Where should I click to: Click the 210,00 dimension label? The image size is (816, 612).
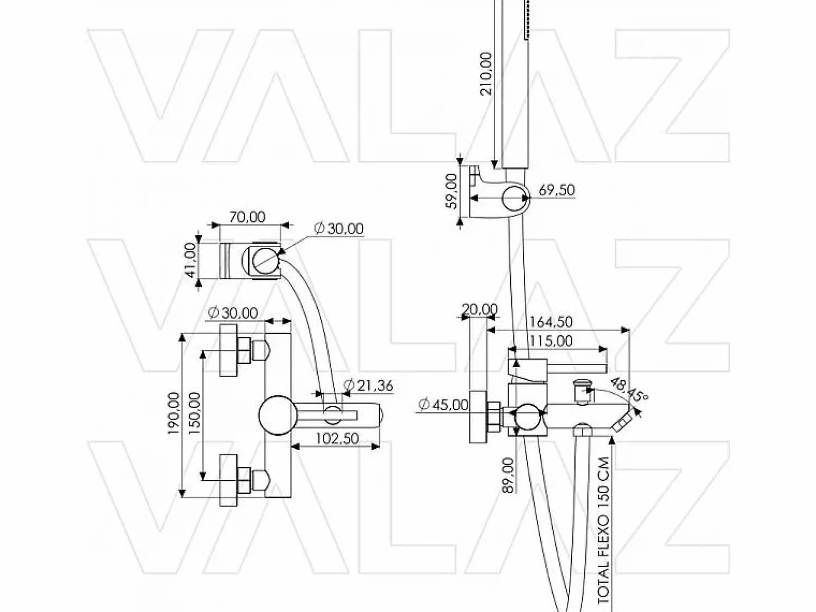coord(486,74)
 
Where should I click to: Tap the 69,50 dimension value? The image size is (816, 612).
coord(557,190)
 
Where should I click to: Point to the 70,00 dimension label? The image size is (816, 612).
coord(247,217)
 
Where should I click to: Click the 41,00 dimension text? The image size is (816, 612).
coord(190,260)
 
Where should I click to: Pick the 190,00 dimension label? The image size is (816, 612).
coord(173,413)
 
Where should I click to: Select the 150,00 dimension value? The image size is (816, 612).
coord(194,413)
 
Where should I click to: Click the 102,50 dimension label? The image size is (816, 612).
coord(337,438)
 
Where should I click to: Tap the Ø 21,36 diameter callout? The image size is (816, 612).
coord(368,386)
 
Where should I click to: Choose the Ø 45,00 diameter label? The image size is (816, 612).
coord(443,404)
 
